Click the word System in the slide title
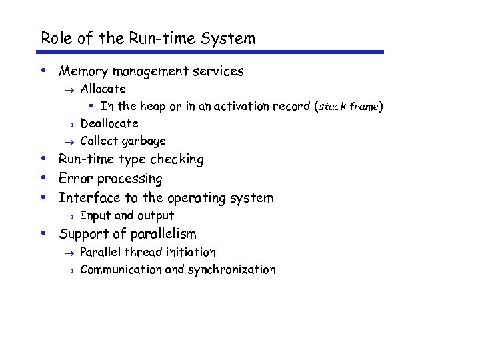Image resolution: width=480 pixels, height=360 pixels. click(231, 39)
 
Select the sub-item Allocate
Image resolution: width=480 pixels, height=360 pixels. click(103, 89)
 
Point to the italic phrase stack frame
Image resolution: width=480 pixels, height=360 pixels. click(349, 107)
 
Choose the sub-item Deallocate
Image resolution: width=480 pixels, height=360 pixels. click(109, 123)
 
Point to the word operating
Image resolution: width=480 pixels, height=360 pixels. click(193, 198)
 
